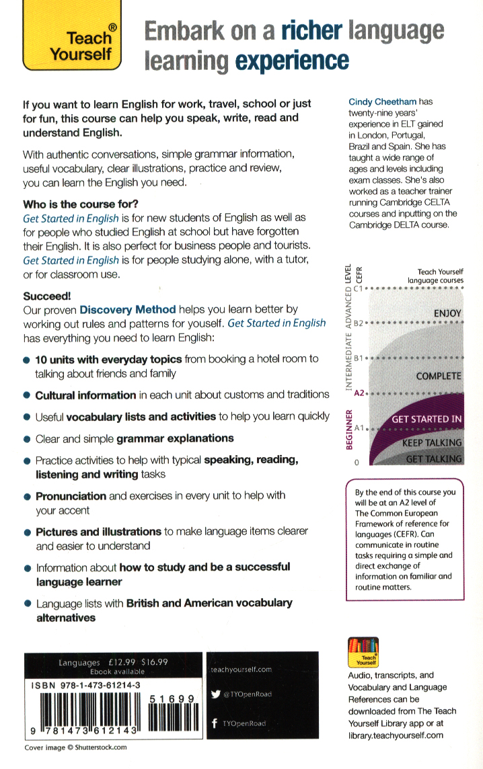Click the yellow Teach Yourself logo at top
pos(72,37)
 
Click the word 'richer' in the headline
pos(311,31)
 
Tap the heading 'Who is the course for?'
pos(85,204)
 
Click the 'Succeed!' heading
pos(47,295)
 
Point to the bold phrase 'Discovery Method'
pos(128,309)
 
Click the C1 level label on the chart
pos(358,288)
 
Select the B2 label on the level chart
pos(358,323)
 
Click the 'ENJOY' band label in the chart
pos(447,313)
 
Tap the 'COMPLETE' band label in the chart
pos(439,376)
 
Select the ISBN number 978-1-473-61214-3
pos(85,684)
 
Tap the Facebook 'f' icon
pos(214,723)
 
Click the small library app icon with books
pos(363,653)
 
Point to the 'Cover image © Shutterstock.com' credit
pos(75,747)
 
